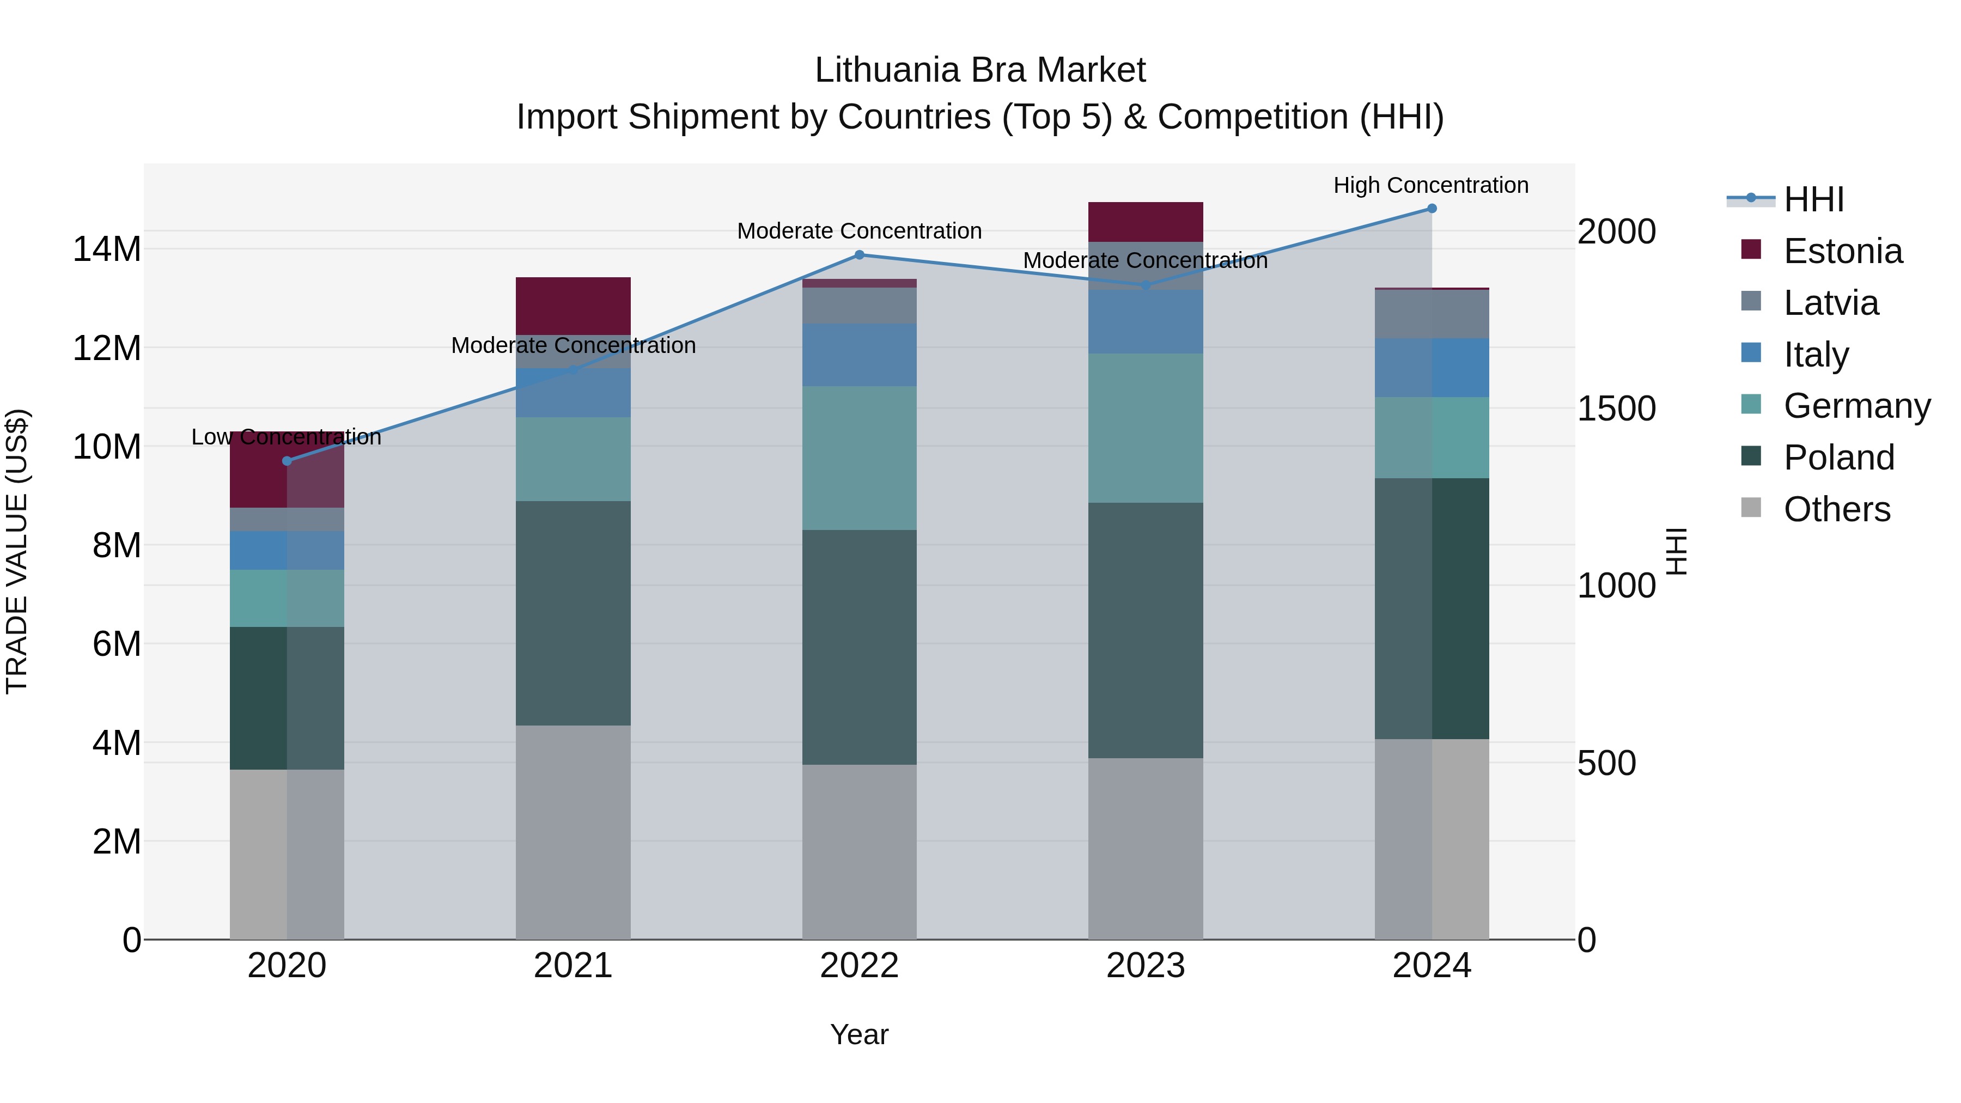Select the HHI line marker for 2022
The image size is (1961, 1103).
[860, 255]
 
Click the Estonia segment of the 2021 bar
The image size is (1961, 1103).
[573, 306]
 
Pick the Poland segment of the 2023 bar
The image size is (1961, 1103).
[1145, 630]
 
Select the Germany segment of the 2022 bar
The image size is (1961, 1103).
[860, 458]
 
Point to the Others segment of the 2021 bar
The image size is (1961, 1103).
[573, 832]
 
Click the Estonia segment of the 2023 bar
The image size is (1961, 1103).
[1145, 222]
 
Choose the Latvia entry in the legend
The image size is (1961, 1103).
[1831, 303]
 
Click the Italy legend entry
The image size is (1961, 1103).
[1816, 355]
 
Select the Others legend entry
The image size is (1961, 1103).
[1836, 509]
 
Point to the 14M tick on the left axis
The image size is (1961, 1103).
[107, 249]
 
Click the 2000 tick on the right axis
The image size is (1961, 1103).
[1616, 231]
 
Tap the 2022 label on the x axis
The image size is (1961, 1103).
[860, 966]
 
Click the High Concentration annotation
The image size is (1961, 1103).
[1430, 185]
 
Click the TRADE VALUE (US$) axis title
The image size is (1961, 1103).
[17, 551]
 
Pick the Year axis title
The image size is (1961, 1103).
[860, 1034]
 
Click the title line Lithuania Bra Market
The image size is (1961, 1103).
[980, 70]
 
